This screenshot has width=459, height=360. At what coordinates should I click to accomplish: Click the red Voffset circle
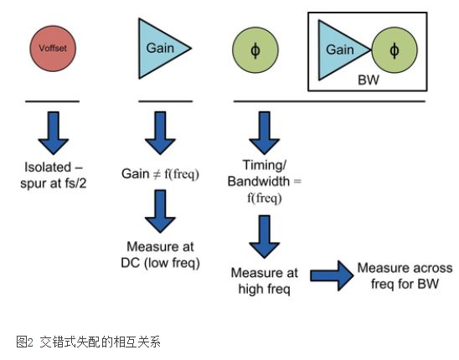(x=53, y=49)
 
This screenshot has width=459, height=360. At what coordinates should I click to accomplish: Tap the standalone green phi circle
(x=255, y=49)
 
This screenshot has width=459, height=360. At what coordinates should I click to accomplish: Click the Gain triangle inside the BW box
(x=339, y=50)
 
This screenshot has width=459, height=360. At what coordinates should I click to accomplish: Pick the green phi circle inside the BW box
(x=395, y=50)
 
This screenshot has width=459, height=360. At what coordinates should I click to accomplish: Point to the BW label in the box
(x=369, y=80)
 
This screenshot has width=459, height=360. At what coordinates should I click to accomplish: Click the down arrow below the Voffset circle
(x=54, y=133)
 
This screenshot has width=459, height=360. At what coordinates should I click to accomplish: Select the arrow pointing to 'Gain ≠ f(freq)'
(x=160, y=133)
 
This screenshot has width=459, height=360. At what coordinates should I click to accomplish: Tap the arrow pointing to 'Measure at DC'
(x=160, y=211)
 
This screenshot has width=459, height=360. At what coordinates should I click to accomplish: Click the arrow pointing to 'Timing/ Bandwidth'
(x=265, y=133)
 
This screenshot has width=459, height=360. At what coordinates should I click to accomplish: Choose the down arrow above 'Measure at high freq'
(x=265, y=237)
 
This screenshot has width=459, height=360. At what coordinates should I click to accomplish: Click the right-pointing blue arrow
(x=332, y=275)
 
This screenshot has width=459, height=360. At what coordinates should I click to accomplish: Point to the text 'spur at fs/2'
(x=54, y=183)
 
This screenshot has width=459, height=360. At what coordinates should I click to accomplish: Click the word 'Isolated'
(x=48, y=167)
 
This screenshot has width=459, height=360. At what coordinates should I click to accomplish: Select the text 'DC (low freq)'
(x=161, y=263)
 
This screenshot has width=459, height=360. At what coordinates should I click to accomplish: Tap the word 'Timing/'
(x=265, y=165)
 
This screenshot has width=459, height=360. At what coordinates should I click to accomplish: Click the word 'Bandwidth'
(x=259, y=182)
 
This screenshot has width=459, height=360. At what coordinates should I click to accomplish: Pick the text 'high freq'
(x=265, y=289)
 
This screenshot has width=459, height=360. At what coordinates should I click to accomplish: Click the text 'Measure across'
(x=405, y=268)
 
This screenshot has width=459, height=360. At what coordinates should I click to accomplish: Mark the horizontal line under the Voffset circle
(x=53, y=101)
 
